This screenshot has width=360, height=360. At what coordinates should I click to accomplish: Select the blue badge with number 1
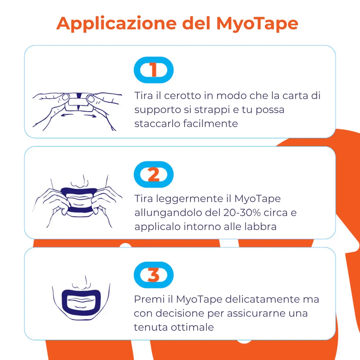click(154, 70)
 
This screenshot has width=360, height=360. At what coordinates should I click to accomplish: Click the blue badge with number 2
click(154, 174)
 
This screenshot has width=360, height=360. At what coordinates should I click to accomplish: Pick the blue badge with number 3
click(154, 275)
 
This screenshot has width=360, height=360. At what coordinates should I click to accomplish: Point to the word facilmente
click(210, 124)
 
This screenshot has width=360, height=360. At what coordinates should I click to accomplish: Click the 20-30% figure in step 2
click(242, 213)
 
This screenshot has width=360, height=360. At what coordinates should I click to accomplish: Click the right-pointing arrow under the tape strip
click(90, 115)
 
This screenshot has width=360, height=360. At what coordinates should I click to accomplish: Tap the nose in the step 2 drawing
click(79, 181)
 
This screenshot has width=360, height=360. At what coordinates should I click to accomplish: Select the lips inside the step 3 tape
click(81, 303)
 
